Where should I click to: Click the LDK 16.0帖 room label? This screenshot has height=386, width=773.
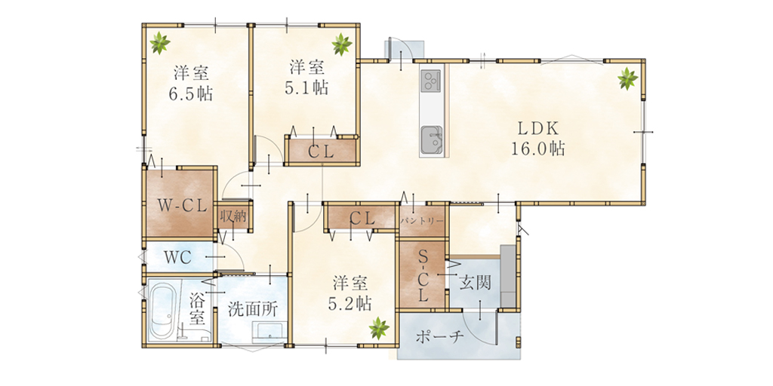point(537,139)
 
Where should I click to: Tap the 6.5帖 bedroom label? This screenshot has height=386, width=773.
point(191,84)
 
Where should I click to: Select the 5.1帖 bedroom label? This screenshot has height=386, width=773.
point(307,78)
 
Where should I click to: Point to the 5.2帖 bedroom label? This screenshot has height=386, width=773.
point(350,293)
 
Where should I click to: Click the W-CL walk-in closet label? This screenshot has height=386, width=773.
point(181,207)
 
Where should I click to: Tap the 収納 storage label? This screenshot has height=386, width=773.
point(233,216)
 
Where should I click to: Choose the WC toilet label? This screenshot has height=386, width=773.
point(177,258)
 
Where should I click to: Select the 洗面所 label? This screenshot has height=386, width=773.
point(253,309)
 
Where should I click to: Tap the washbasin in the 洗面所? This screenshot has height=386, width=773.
point(269,332)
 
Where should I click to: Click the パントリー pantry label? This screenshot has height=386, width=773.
point(422,221)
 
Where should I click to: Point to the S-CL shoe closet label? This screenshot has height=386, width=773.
point(423,276)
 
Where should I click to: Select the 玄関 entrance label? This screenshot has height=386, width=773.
point(476,283)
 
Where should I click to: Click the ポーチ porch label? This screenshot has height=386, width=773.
point(440,337)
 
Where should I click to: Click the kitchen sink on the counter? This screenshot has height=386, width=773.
point(431,139)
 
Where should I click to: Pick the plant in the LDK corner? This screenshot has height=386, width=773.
point(627,78)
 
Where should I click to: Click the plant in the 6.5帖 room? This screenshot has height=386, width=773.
point(160,42)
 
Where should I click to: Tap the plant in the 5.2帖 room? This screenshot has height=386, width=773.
point(379,328)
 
